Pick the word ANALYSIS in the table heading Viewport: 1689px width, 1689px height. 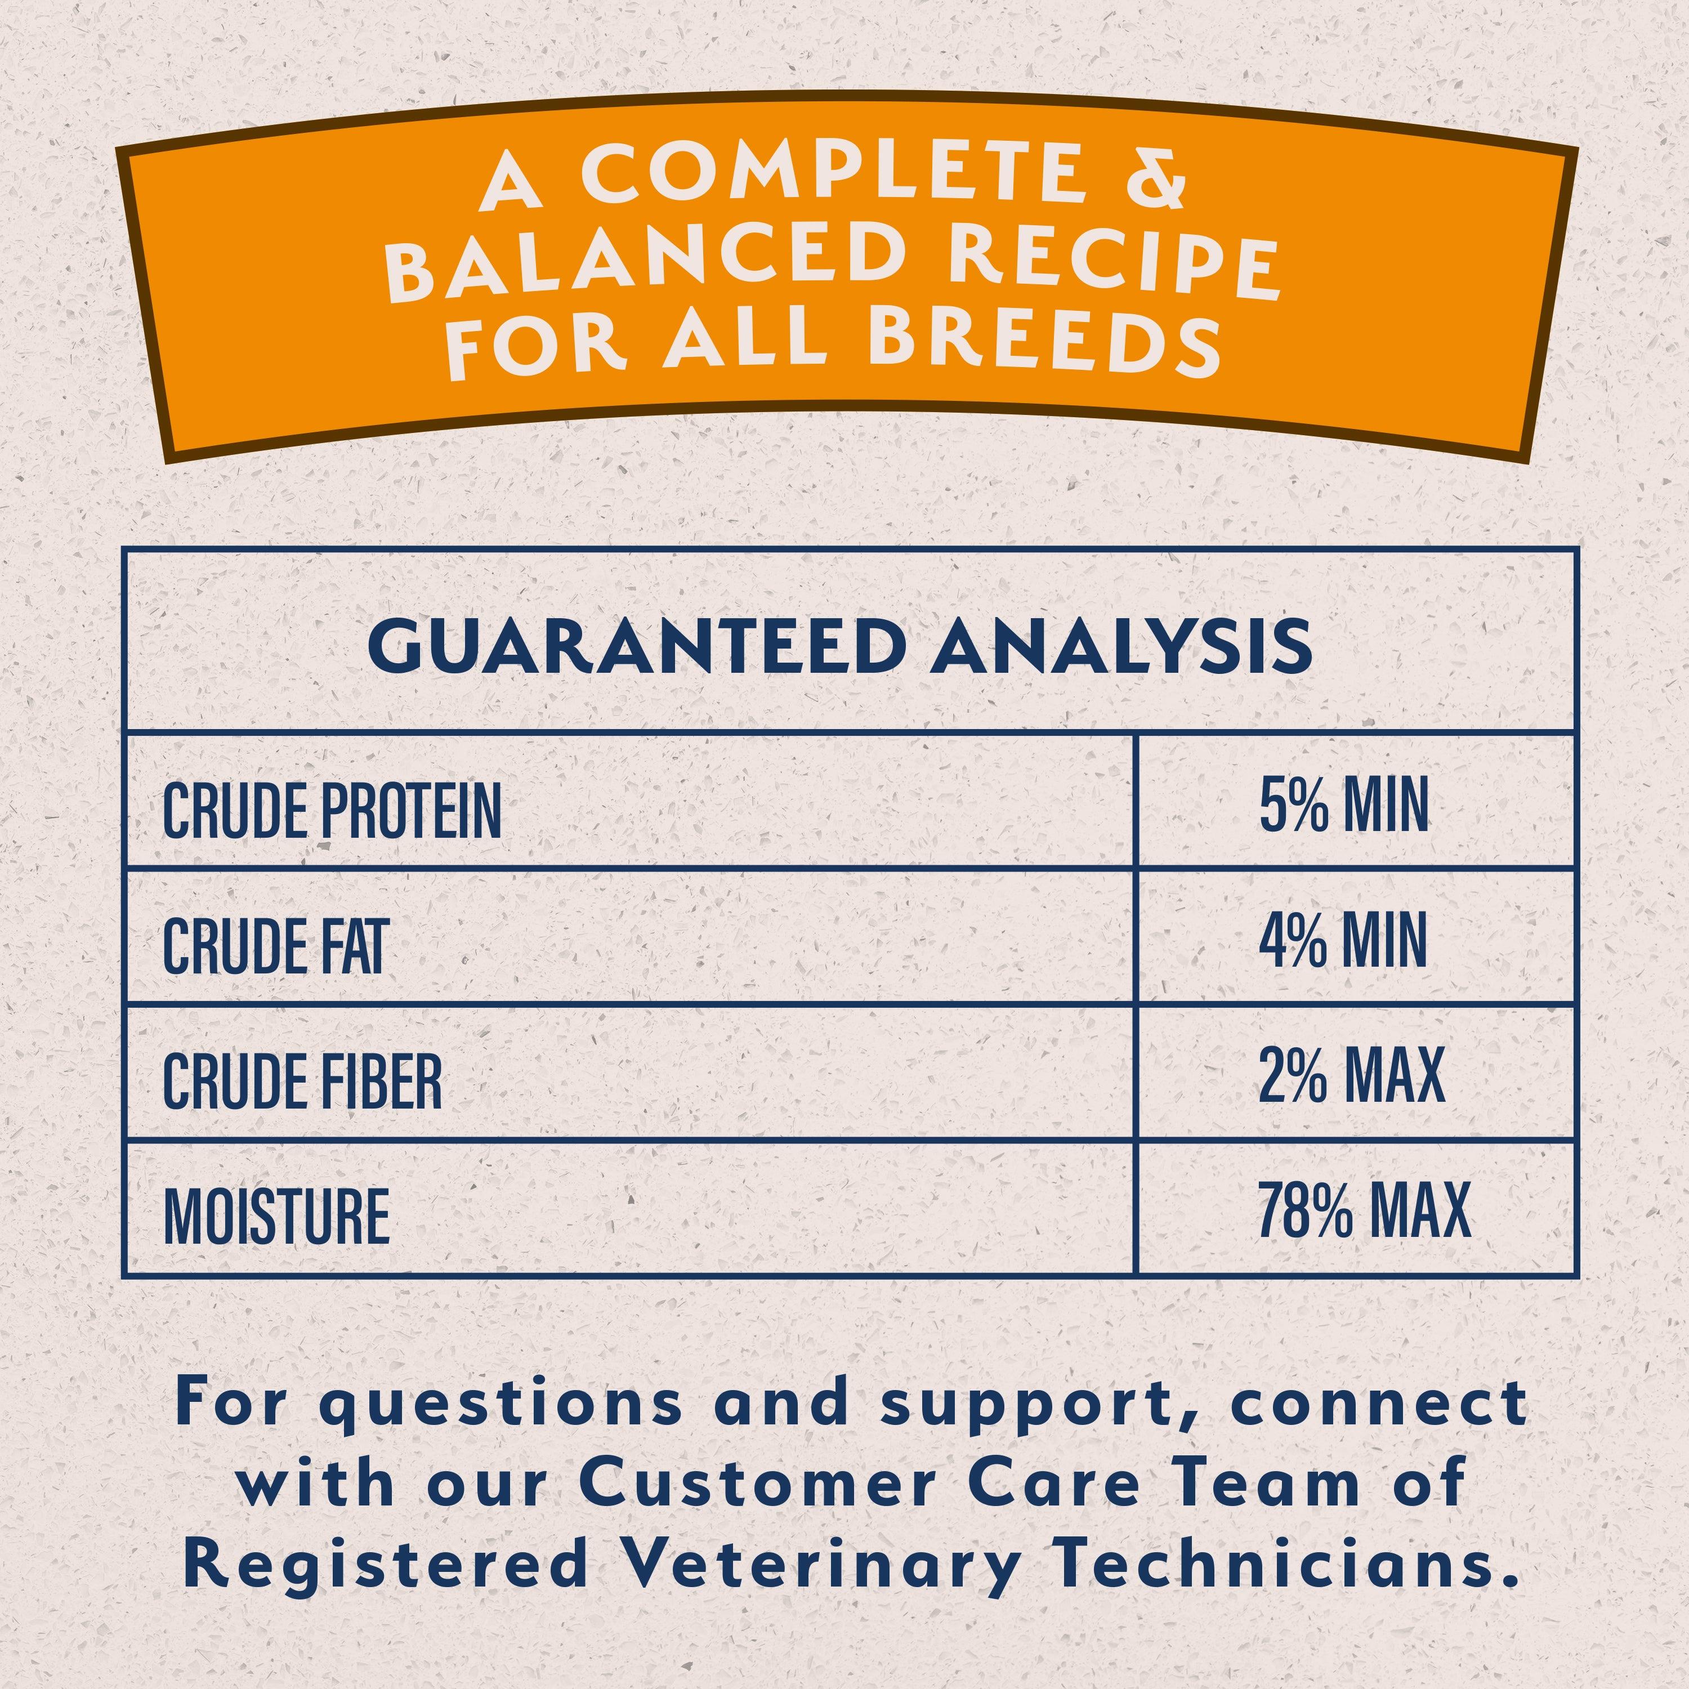[x=1121, y=646]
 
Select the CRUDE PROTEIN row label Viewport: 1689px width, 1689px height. [x=332, y=810]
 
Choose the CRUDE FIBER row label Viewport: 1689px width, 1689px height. [x=302, y=1082]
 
